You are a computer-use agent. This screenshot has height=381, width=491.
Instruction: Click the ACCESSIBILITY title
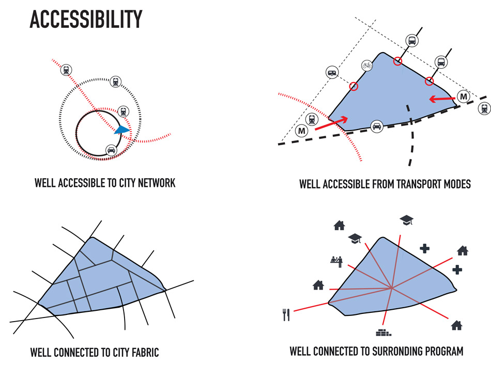coord(86,19)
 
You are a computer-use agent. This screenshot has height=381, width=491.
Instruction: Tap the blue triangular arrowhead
coord(122,130)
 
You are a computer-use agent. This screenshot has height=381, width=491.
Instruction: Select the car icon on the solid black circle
coord(111,150)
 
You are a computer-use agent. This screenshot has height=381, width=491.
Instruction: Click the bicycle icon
coord(367,66)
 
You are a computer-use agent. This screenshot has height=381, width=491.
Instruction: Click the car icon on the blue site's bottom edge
coord(377,125)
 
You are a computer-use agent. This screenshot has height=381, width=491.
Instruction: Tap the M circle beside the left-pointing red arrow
coord(464,97)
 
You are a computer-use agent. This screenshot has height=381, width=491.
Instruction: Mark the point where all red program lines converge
coord(392,287)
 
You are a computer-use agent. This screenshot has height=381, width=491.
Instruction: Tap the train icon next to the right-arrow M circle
coord(312,119)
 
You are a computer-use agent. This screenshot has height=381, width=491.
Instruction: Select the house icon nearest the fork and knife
coord(318,284)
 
